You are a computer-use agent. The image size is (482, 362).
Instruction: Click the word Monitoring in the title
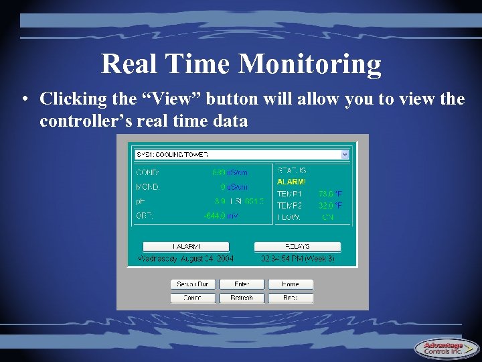tap(310, 65)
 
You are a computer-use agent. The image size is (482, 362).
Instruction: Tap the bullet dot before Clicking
tap(23, 100)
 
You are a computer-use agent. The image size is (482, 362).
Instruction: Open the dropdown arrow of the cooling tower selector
tap(345, 154)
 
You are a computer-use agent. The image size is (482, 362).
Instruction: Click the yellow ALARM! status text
tap(291, 182)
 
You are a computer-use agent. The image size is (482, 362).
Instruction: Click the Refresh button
tap(242, 298)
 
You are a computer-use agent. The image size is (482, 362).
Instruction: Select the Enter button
tap(242, 284)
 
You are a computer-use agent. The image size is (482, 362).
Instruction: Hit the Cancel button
tap(193, 298)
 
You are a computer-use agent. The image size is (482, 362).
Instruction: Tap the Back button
tap(291, 298)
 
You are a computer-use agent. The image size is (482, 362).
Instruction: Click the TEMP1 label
tap(289, 194)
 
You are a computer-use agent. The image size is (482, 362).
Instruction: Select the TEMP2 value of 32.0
tap(326, 205)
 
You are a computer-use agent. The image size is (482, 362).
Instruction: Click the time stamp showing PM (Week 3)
tap(297, 258)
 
